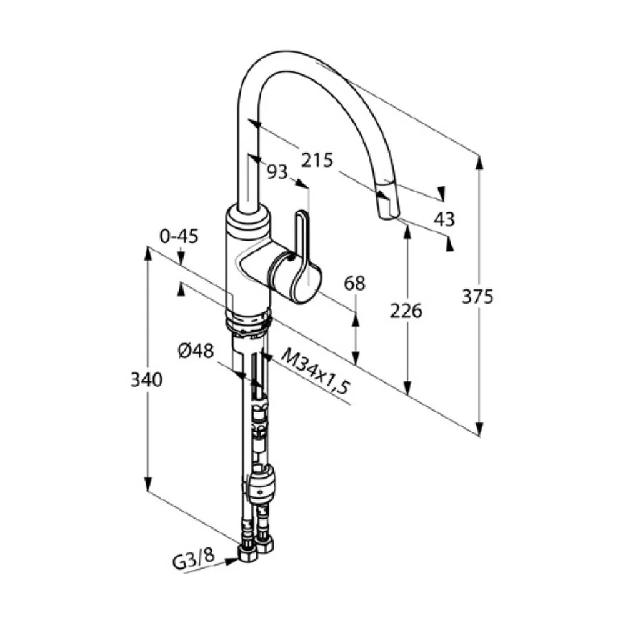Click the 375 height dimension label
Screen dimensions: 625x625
tap(477, 297)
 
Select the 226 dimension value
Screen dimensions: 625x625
tap(406, 311)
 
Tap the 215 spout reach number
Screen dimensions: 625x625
tap(317, 160)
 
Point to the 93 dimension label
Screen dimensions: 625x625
tap(277, 172)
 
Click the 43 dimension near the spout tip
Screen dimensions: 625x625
tap(444, 219)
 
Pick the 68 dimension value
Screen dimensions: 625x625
tap(354, 283)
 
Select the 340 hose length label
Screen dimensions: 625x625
tap(147, 379)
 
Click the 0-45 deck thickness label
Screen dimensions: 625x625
tap(179, 237)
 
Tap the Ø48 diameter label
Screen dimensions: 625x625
tap(196, 351)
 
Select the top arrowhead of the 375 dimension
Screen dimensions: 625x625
tap(479, 162)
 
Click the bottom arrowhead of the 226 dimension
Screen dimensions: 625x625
tap(407, 388)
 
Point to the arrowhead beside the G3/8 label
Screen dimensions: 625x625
tap(232, 562)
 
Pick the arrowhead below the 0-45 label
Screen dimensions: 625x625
tap(181, 257)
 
